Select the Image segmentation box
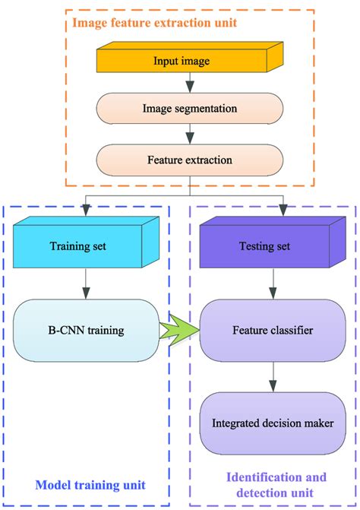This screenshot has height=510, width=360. (x=189, y=109)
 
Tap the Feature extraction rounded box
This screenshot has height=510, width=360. (x=189, y=161)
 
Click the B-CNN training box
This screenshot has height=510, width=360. (x=86, y=331)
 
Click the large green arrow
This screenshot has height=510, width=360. (x=181, y=331)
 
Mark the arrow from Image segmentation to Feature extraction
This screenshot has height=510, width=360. (x=189, y=135)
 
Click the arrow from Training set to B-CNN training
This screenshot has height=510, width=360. (x=86, y=283)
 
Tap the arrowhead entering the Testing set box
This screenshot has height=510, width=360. (x=284, y=211)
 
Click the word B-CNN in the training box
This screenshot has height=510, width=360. (x=65, y=331)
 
